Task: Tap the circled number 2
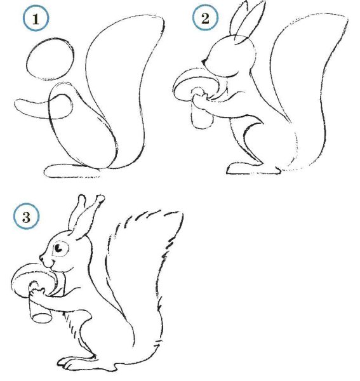coord(204,20)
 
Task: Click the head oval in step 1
coord(49,60)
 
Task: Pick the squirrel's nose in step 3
coord(41,260)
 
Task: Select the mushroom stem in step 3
coord(39,307)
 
